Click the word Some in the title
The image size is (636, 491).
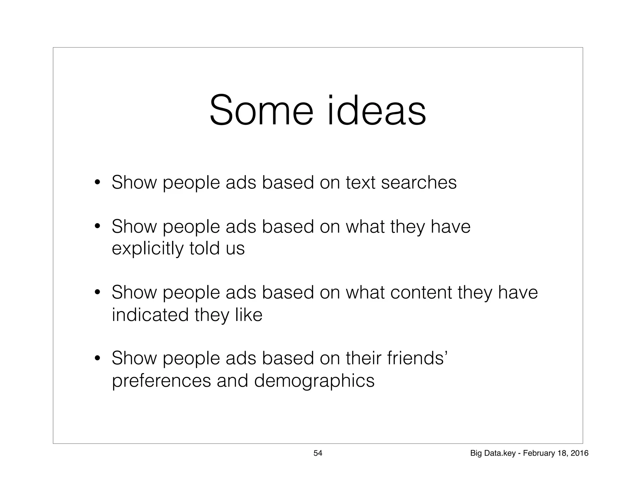point(261,111)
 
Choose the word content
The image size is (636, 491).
point(421,292)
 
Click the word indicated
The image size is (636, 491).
point(150,315)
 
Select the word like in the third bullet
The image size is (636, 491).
point(249,315)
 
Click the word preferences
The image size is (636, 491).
point(161,381)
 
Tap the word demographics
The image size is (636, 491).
point(314,381)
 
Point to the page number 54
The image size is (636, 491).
point(318,453)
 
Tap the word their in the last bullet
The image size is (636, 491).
point(363,358)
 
